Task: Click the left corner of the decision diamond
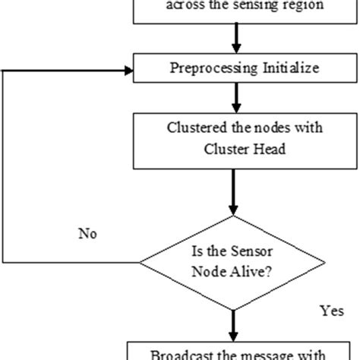[140, 263]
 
